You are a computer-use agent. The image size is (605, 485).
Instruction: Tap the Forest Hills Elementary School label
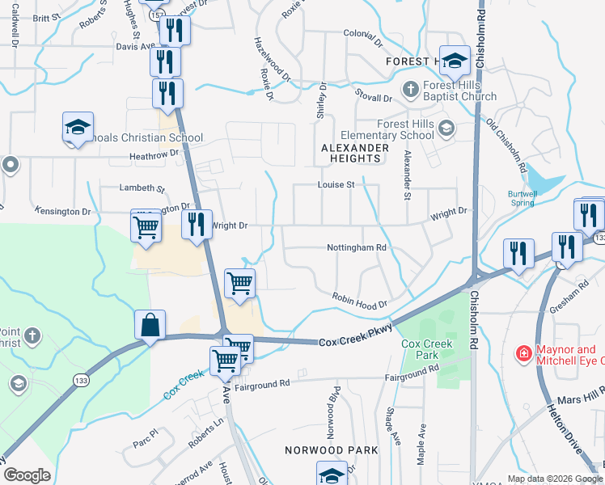(x=387, y=129)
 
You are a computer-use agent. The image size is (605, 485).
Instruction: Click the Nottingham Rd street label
(x=357, y=247)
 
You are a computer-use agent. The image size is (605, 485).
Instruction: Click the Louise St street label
(x=340, y=185)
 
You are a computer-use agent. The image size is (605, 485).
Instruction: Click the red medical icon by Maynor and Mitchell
(x=523, y=353)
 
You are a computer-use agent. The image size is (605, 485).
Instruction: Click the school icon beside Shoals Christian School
(x=78, y=127)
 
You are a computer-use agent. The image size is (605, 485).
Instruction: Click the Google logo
(x=27, y=475)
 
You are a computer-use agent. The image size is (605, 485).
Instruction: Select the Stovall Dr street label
(x=376, y=99)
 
